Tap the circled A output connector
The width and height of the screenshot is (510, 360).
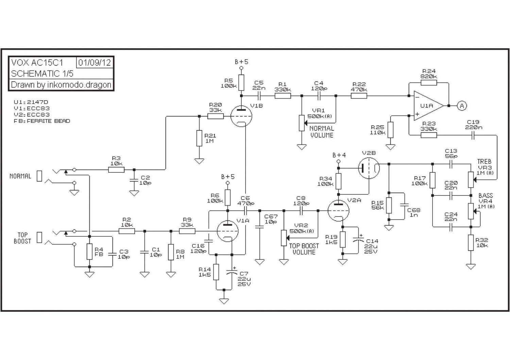point(462,106)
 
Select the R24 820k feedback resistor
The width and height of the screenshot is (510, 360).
point(429,83)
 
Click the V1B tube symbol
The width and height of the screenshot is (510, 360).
point(241,116)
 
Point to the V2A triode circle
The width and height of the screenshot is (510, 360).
point(339,211)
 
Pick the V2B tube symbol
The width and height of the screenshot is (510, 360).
point(369,168)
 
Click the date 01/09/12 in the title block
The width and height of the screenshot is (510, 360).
point(95,63)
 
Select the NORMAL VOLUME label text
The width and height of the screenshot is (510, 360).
point(322,132)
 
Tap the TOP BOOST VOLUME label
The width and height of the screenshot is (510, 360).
point(304,249)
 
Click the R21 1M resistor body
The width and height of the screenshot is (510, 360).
point(199,138)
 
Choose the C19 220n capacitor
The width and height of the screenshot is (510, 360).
point(473,135)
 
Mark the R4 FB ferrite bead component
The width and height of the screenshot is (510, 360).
point(89,251)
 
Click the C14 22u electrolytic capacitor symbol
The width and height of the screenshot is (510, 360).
point(358,239)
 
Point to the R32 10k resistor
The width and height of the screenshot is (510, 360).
point(471,243)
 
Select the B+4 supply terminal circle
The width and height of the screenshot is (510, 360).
point(339,161)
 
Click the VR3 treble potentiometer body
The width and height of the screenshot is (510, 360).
point(471,179)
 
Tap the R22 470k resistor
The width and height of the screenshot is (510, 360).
point(359,96)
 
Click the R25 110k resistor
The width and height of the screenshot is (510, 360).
point(390,130)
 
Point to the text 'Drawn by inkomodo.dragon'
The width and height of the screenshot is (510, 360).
point(61,85)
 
